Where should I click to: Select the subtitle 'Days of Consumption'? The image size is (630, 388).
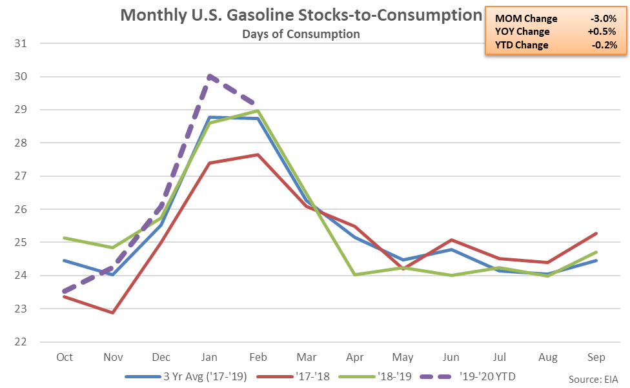(x=301, y=34)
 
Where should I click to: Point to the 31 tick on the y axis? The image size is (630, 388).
(x=28, y=43)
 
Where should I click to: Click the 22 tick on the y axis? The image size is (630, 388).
(x=28, y=342)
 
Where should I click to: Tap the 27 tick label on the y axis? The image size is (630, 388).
(x=28, y=176)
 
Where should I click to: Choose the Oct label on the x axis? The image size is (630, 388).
(x=65, y=358)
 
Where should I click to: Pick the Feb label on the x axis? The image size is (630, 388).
(x=258, y=358)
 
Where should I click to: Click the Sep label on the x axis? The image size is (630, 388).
(x=596, y=358)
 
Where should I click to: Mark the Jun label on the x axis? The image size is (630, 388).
(x=451, y=358)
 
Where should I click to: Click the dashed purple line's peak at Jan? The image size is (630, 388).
(x=210, y=76)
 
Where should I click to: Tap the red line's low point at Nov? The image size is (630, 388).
(x=113, y=312)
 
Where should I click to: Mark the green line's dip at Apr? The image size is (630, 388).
(x=354, y=274)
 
